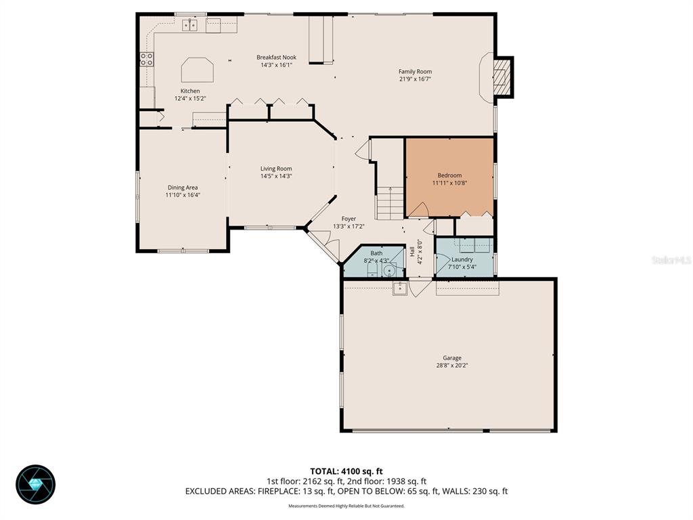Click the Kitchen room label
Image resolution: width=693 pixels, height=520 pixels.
click(189, 91)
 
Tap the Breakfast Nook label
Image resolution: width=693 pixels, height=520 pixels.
click(276, 58)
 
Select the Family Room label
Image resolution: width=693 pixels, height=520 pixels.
click(415, 72)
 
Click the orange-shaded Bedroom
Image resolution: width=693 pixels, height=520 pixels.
click(449, 177)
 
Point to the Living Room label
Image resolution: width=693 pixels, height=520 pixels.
click(276, 169)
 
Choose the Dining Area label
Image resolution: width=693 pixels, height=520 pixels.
click(183, 188)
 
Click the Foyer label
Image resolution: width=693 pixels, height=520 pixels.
click(349, 219)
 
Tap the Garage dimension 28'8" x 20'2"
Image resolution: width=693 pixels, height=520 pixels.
click(452, 366)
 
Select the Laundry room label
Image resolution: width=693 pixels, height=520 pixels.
click(462, 259)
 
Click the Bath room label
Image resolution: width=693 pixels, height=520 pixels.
click(376, 253)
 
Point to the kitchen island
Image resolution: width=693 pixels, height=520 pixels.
click(197, 70)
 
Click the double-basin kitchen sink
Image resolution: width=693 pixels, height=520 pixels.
click(189, 26)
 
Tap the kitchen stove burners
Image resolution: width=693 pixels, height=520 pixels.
click(146, 59)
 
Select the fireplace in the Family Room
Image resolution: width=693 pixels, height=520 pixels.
click(501, 76)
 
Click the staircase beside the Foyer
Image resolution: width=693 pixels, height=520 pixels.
click(389, 202)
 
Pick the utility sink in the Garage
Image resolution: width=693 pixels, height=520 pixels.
click(399, 288)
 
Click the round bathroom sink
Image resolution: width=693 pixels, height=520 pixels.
click(388, 272)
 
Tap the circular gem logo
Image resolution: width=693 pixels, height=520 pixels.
click(35, 484)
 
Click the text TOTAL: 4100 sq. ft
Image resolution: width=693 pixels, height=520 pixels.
click(346, 471)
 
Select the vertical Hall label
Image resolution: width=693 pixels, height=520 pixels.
click(411, 252)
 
